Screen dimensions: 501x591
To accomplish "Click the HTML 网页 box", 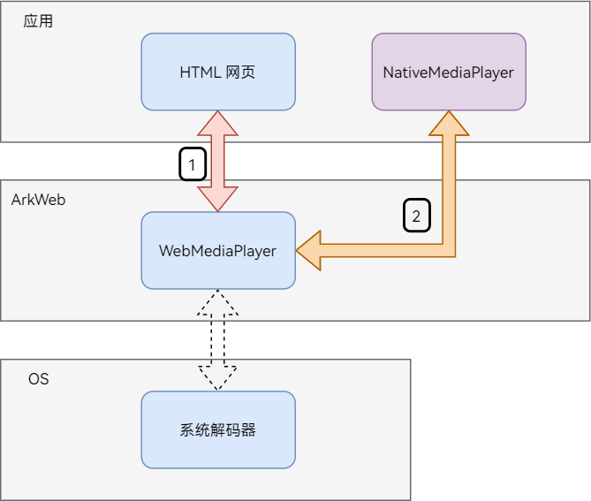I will (x=218, y=72).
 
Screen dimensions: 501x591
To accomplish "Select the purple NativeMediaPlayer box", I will (x=448, y=72).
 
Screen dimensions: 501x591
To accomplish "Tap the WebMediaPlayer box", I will (x=218, y=250).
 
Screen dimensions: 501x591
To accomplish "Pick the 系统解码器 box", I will (x=218, y=429).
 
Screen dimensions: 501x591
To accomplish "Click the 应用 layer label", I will (x=38, y=20).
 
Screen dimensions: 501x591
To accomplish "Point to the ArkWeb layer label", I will (x=38, y=199).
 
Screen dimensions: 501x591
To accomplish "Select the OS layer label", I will (x=38, y=378).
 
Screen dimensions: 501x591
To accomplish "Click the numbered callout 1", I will (x=193, y=163).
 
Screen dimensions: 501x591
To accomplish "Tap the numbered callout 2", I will (x=417, y=215).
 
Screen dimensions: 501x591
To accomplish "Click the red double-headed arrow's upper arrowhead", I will (x=218, y=122).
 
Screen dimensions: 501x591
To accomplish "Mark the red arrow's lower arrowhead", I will (x=218, y=200).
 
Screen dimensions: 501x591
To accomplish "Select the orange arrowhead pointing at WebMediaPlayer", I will (x=308, y=251).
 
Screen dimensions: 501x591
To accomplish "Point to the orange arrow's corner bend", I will (x=448, y=250).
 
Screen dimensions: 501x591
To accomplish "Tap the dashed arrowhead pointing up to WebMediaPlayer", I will (x=218, y=301).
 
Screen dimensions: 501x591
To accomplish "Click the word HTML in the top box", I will (x=199, y=72).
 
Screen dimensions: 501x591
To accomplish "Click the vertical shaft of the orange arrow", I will (x=448, y=186).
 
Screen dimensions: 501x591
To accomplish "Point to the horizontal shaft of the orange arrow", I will (x=380, y=251).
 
